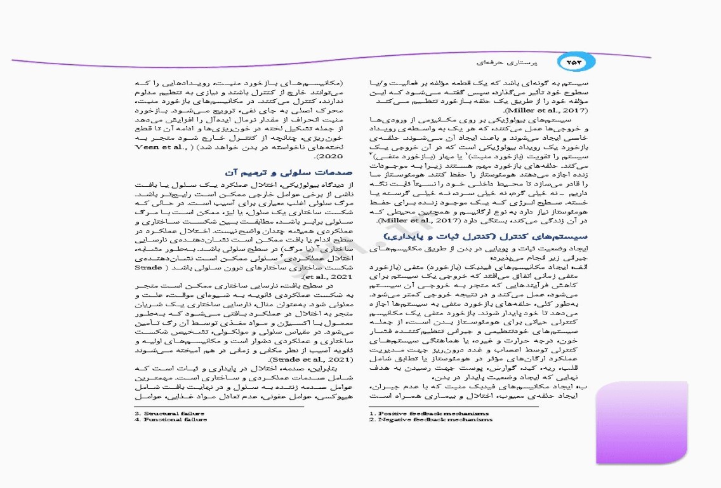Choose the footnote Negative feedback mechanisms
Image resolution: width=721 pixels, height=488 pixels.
pyautogui.click(x=431, y=419)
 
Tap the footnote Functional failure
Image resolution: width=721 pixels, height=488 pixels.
pyautogui.click(x=170, y=419)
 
